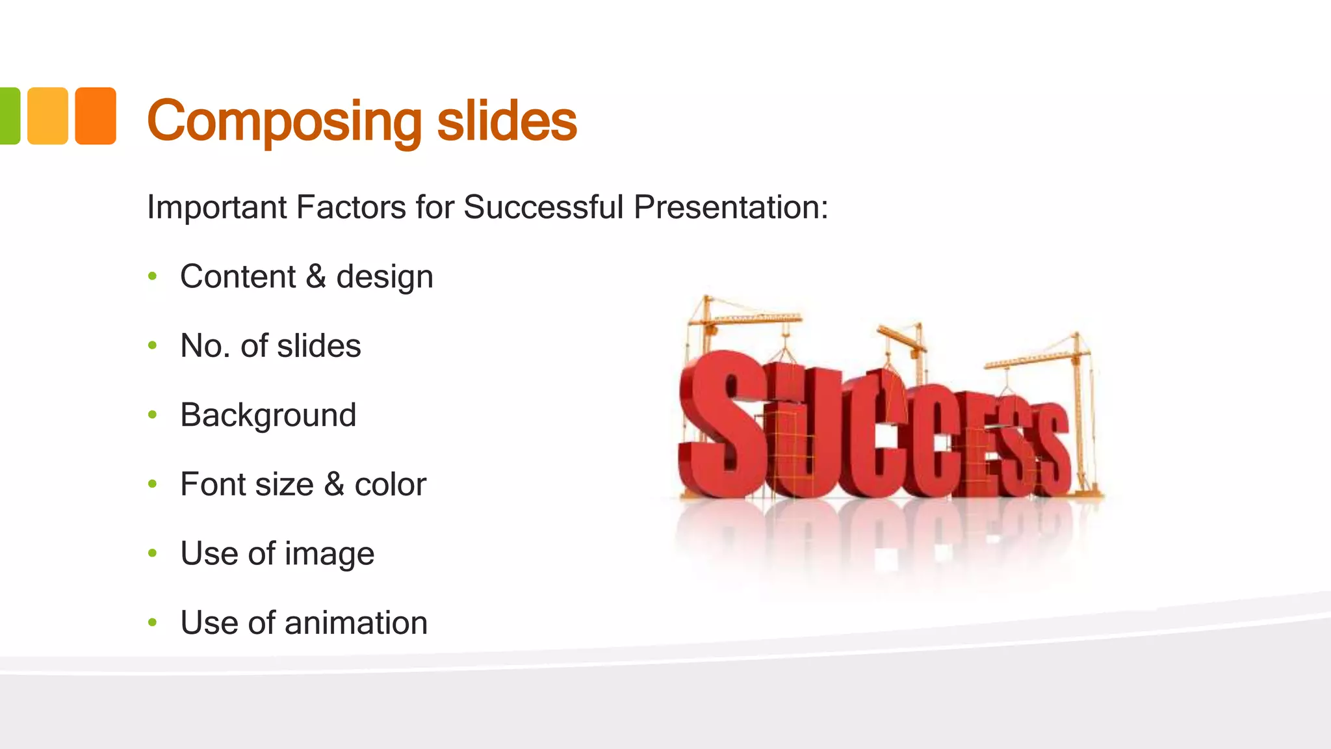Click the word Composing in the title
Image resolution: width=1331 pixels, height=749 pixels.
285,122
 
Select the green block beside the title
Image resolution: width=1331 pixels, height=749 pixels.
9,116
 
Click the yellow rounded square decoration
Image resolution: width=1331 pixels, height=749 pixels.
47,116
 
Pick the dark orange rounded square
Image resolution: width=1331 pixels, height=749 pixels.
96,116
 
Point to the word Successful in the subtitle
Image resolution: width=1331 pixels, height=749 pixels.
543,207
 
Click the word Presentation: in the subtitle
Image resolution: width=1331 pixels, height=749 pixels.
731,207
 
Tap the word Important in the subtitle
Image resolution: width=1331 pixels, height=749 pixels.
217,207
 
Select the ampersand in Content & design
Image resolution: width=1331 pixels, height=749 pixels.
316,276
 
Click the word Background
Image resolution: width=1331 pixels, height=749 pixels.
268,415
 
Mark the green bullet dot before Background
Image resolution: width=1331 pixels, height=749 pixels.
153,415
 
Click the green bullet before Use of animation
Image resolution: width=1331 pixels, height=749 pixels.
153,623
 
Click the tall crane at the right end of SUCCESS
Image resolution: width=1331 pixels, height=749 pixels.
1079,403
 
